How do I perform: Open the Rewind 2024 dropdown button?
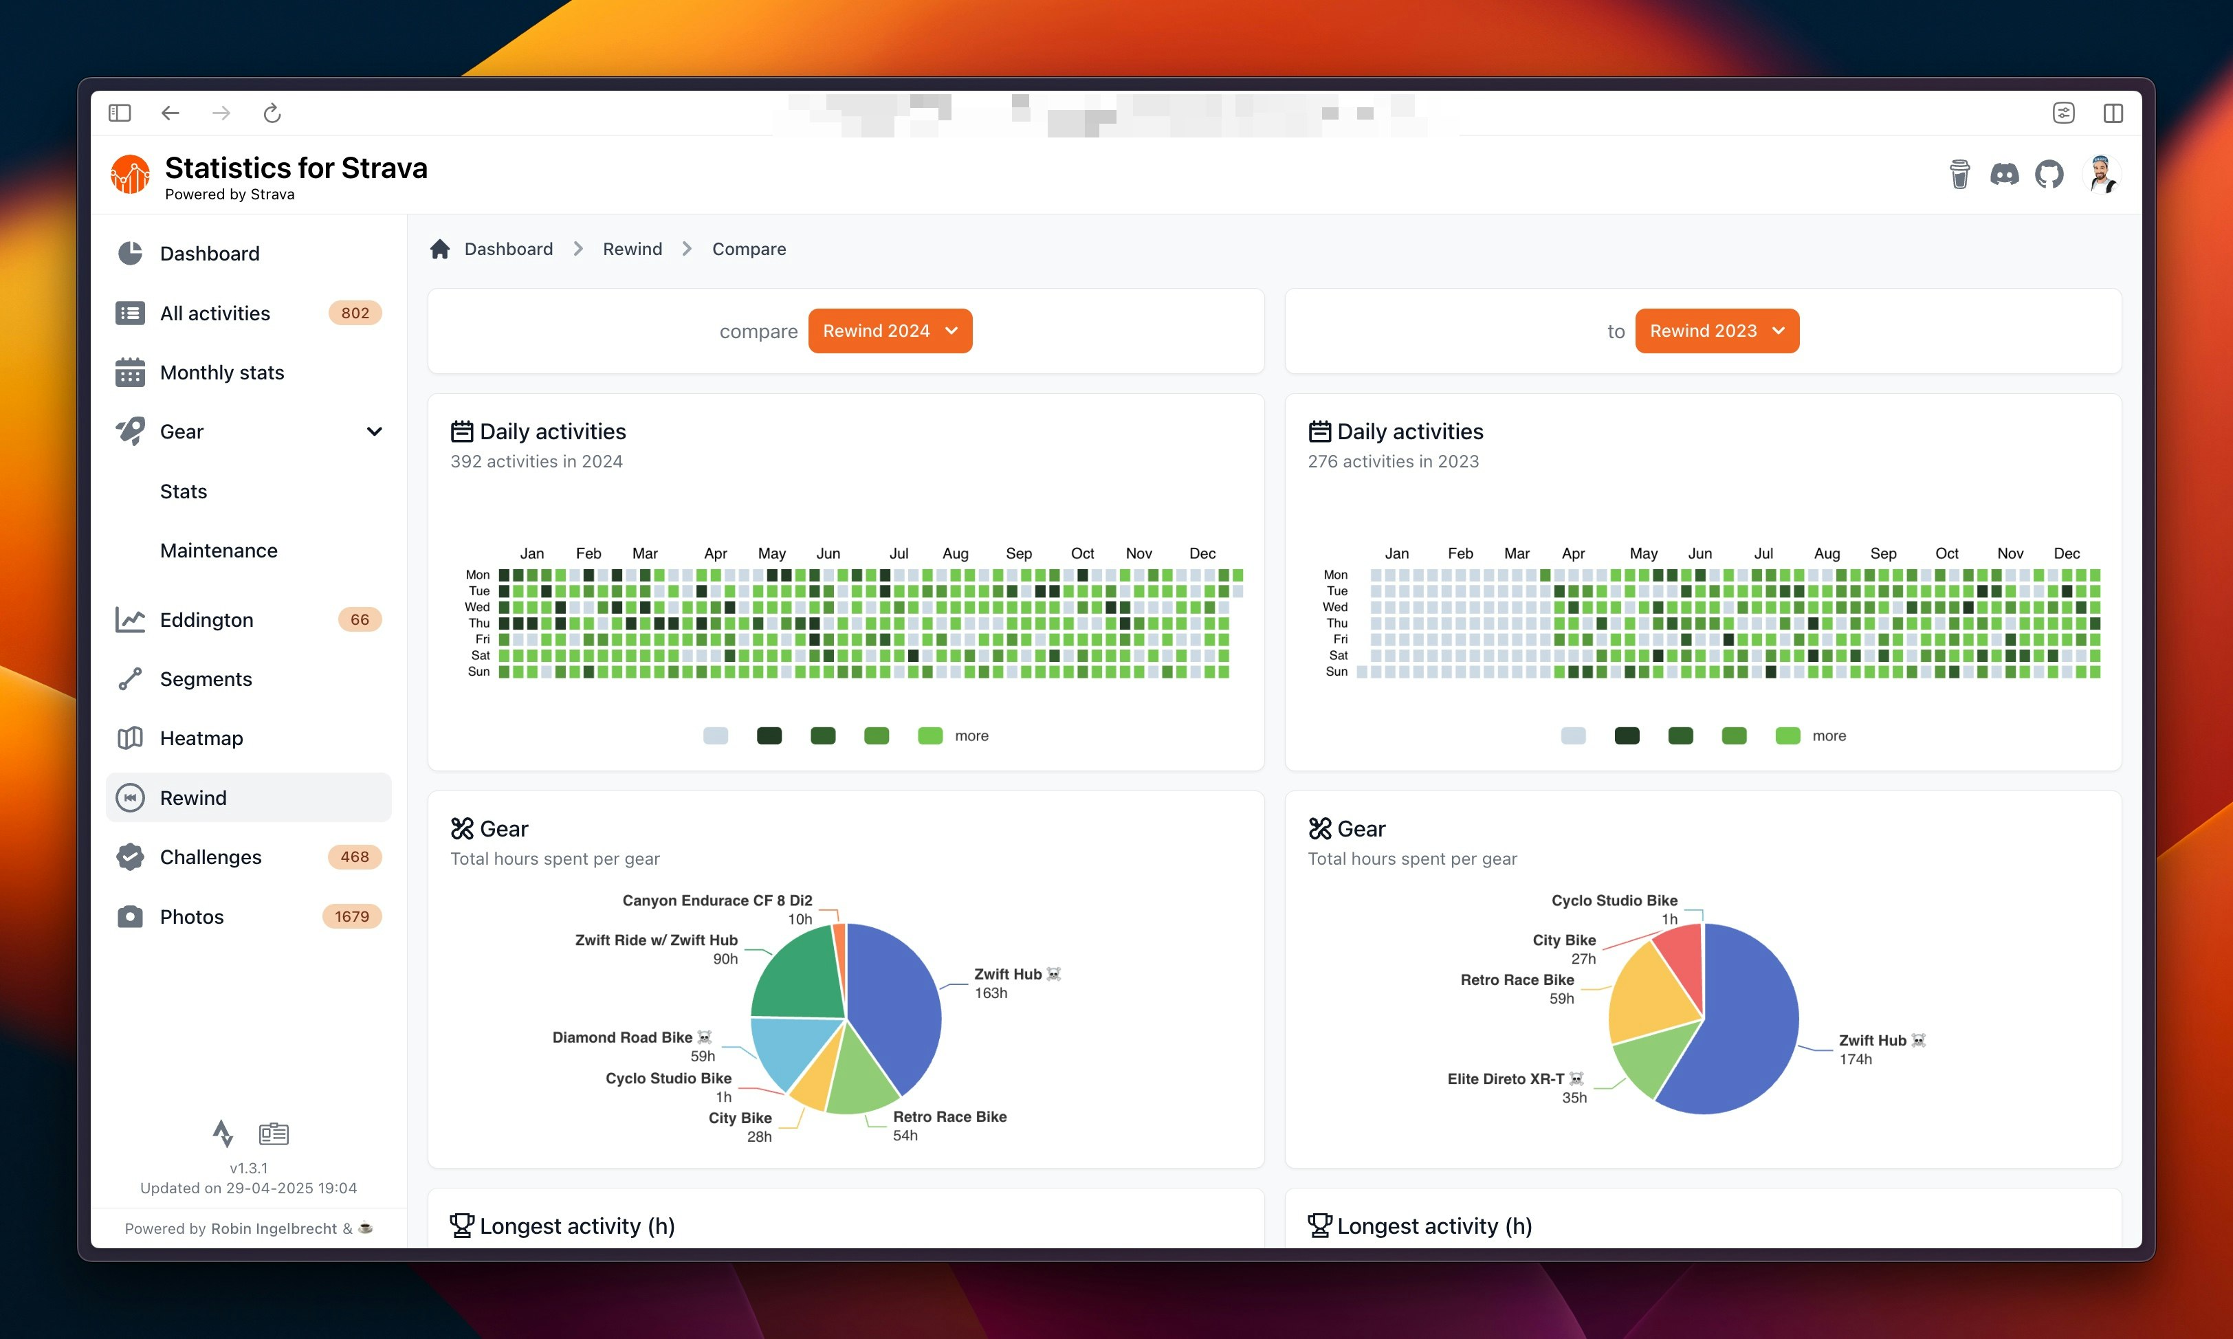[x=890, y=331]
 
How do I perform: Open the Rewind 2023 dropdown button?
[x=1716, y=331]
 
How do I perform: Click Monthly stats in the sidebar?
[x=221, y=373]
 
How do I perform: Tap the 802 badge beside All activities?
[x=355, y=313]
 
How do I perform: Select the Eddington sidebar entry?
[x=207, y=620]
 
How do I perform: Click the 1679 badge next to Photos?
[x=352, y=917]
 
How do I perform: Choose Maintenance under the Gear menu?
[x=219, y=551]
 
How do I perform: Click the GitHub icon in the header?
[x=2049, y=174]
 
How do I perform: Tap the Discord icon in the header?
[x=2004, y=174]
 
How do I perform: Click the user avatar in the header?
[x=2101, y=174]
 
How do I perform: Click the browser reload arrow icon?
[x=272, y=113]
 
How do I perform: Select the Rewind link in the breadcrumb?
[x=632, y=249]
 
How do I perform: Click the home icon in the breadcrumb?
[x=440, y=249]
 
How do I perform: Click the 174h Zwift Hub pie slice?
[x=1741, y=1038]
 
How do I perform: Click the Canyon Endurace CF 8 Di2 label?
[x=716, y=900]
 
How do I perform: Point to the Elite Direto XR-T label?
[x=1506, y=1079]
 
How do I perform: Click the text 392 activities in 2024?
[x=536, y=462]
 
